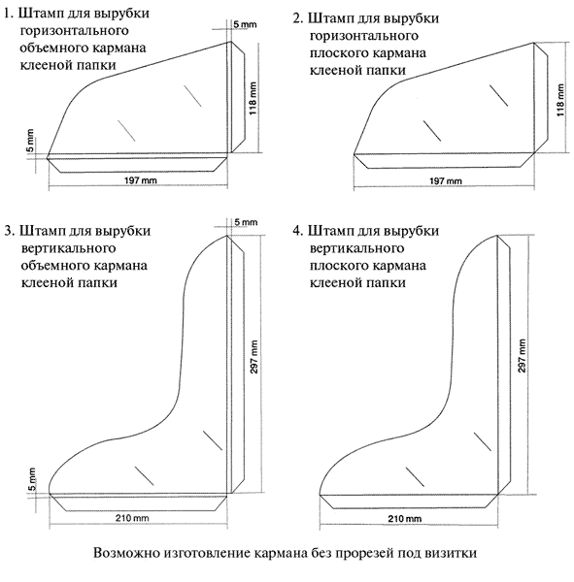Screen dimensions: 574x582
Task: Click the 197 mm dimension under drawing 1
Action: [x=140, y=180]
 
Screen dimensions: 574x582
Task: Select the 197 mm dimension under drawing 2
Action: [x=446, y=180]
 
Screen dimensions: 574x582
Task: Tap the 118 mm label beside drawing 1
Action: [x=253, y=98]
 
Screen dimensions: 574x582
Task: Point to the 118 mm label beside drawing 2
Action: [x=560, y=100]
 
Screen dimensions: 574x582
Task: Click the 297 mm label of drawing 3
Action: [x=253, y=356]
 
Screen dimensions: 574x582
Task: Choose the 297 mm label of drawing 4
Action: [x=522, y=356]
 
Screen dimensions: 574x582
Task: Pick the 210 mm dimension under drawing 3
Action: [x=132, y=517]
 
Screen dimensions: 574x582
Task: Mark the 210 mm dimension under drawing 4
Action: [x=405, y=518]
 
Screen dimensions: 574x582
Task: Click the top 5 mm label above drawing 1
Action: [x=245, y=24]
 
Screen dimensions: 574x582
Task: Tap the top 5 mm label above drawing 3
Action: [x=246, y=222]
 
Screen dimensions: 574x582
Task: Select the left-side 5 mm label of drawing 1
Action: [x=30, y=141]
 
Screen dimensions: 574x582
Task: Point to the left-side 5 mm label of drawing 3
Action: [x=32, y=479]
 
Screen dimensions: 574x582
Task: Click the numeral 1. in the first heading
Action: [x=9, y=14]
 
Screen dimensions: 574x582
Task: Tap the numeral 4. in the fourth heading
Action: [x=298, y=231]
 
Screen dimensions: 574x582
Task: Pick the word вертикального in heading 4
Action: [x=356, y=248]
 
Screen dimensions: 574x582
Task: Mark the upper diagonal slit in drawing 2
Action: [x=498, y=95]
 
